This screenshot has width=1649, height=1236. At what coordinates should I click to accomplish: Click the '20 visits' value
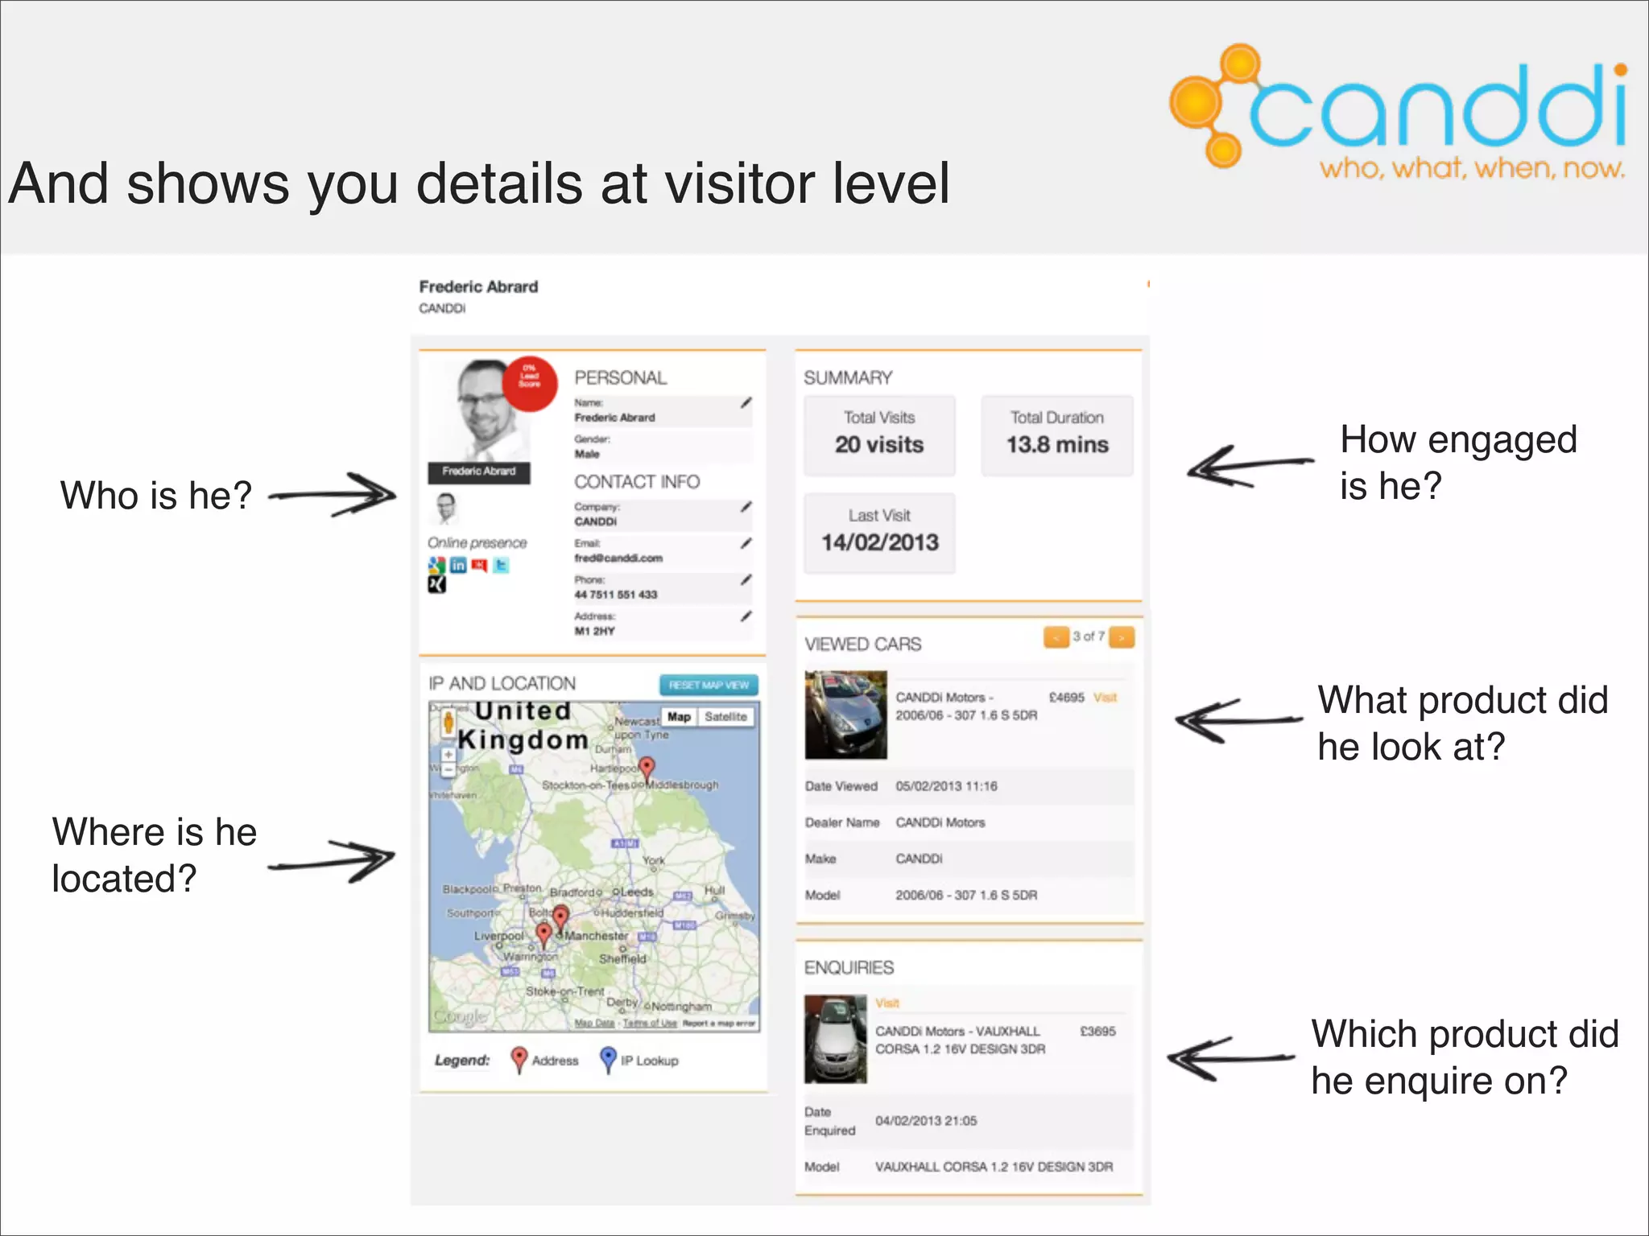pos(878,445)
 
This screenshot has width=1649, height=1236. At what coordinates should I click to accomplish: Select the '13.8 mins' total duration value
pos(1056,445)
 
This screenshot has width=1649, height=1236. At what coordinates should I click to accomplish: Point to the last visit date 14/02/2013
pos(879,542)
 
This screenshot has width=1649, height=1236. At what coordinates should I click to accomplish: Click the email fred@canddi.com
pos(618,558)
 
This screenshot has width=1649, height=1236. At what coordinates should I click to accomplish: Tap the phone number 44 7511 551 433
pos(615,595)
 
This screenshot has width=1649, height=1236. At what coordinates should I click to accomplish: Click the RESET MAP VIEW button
pos(709,685)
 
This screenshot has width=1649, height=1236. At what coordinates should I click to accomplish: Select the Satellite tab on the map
pos(725,717)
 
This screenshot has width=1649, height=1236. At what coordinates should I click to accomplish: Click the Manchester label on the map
pos(596,936)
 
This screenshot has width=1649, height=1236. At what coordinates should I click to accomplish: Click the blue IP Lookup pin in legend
pos(608,1059)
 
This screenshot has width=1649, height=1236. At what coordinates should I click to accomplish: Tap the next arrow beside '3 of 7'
pos(1122,637)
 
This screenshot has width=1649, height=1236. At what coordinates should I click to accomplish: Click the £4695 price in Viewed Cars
pos(1066,698)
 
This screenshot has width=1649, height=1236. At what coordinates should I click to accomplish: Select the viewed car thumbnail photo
pos(845,715)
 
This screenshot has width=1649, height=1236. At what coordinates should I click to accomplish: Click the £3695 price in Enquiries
pos(1097,1032)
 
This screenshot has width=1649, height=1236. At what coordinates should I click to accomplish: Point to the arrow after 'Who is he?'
pos(333,494)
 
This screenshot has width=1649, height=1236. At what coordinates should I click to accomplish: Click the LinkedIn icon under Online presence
pos(458,565)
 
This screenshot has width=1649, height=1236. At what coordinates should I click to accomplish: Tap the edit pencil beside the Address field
pos(746,616)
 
